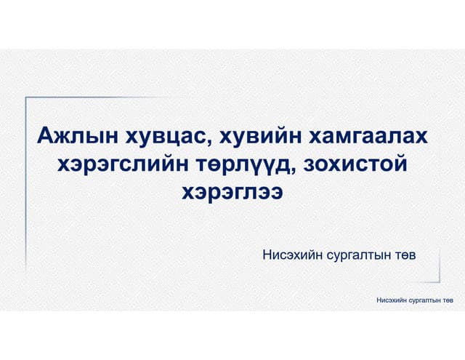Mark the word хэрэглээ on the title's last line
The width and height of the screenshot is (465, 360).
tap(232, 192)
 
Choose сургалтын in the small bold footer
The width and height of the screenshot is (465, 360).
tap(424, 300)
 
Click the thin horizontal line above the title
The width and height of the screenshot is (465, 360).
tap(145, 97)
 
